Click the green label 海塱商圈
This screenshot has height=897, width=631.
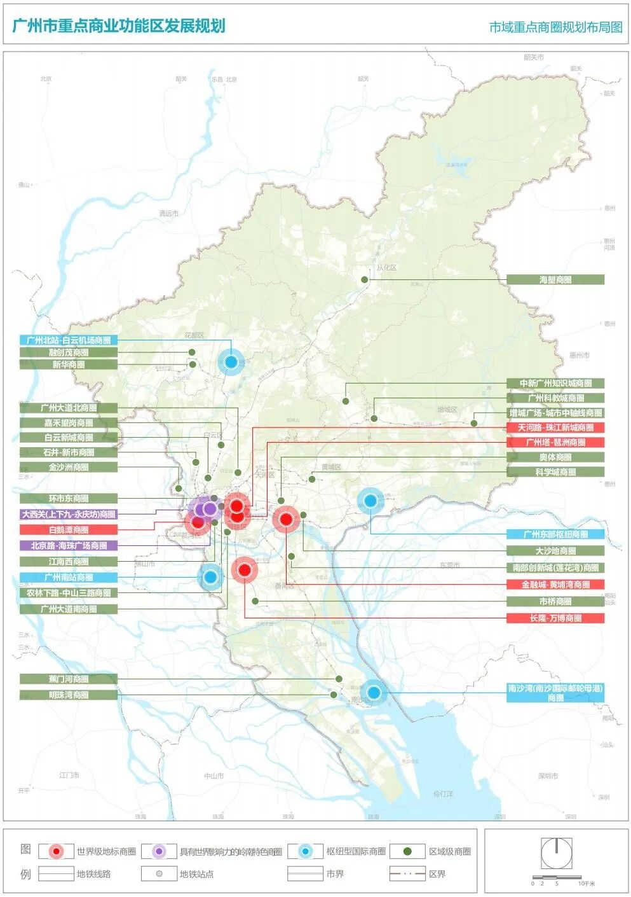tap(555, 280)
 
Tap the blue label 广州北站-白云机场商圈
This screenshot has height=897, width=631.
tap(69, 340)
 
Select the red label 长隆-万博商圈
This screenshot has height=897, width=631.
tap(555, 618)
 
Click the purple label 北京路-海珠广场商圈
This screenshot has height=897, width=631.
tap(69, 546)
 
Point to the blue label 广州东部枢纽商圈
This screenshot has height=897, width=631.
tap(555, 534)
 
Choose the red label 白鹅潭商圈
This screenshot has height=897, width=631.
tap(69, 530)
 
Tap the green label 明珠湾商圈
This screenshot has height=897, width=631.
tap(69, 695)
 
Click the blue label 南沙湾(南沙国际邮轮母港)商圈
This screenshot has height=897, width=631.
tap(555, 693)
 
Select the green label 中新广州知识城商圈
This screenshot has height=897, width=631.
tap(555, 384)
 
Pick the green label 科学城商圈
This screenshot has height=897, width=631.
tap(555, 472)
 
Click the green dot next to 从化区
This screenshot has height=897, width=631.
tap(365, 280)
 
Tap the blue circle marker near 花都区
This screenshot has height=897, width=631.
tap(231, 362)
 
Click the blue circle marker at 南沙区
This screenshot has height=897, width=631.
tap(374, 692)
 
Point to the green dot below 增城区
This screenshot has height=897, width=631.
tap(474, 423)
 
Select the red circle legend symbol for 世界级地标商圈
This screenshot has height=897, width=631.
tap(57, 851)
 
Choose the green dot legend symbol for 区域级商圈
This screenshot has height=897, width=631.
tap(407, 851)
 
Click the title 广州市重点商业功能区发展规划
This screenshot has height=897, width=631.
tap(119, 26)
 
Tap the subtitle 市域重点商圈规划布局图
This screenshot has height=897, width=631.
tap(555, 27)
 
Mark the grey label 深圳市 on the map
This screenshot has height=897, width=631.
tap(547, 775)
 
